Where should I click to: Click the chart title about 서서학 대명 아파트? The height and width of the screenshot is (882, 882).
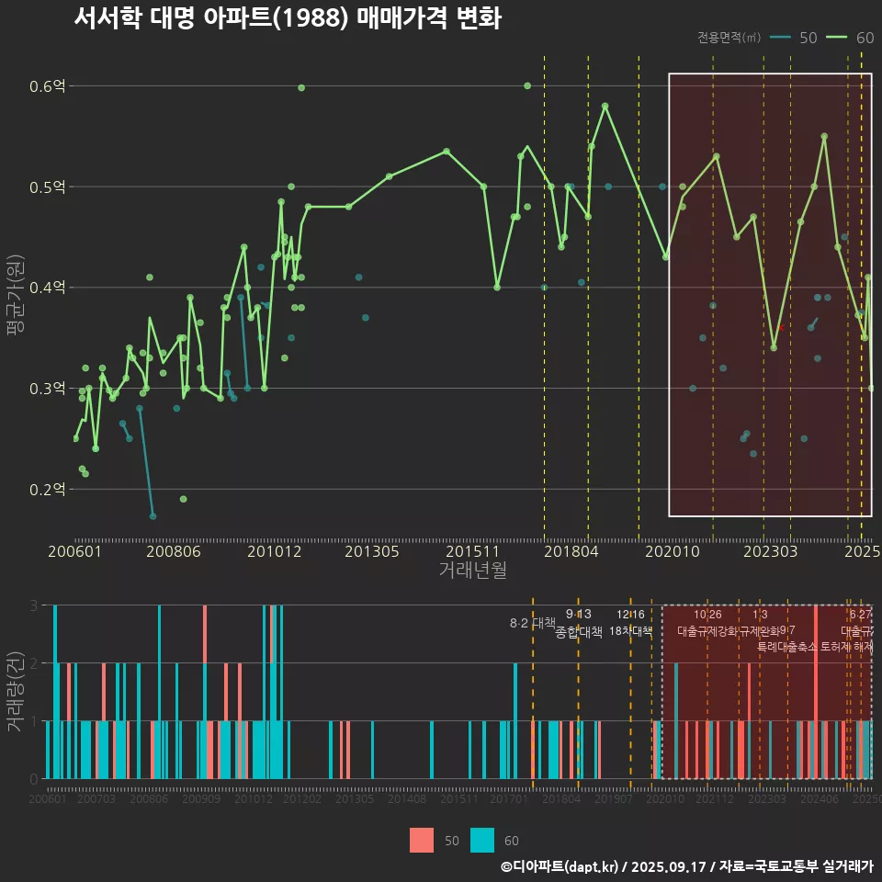(x=287, y=18)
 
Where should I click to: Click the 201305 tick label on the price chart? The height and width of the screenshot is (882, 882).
(x=372, y=552)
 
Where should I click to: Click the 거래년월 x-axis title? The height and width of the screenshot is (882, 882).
(x=472, y=571)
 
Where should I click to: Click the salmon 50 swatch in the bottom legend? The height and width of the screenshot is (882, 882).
(x=421, y=841)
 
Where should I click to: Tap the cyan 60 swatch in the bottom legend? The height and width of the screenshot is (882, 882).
(x=481, y=841)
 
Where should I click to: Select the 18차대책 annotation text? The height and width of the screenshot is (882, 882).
(x=630, y=631)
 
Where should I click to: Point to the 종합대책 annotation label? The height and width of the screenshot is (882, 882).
(x=579, y=632)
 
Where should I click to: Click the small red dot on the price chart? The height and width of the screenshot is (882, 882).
(x=782, y=327)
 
